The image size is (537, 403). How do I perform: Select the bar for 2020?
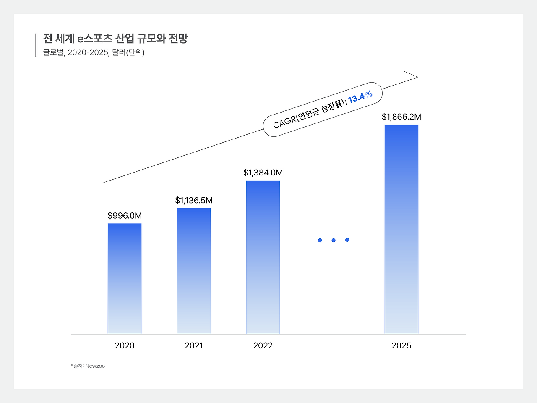[125, 279]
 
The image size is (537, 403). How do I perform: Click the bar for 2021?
[194, 271]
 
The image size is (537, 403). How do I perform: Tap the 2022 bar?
[263, 257]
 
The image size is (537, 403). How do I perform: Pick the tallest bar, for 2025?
[401, 229]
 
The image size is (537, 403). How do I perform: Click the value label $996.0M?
[125, 216]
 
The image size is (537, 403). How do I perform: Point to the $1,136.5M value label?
[194, 201]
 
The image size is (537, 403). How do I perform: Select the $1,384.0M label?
[263, 173]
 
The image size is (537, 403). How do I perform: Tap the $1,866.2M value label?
[401, 117]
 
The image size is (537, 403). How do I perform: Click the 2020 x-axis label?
[125, 345]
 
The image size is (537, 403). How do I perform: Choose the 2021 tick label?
[194, 345]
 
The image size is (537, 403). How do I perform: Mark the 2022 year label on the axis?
[263, 345]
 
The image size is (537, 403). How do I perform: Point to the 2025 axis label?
[401, 345]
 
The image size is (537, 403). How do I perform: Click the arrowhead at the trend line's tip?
[416, 76]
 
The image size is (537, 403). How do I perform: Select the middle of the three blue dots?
[334, 240]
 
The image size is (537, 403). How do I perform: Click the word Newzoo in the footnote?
[95, 366]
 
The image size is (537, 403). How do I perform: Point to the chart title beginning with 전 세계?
[115, 39]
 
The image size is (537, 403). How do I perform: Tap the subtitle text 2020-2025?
[88, 52]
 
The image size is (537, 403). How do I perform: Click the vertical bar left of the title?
[36, 45]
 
